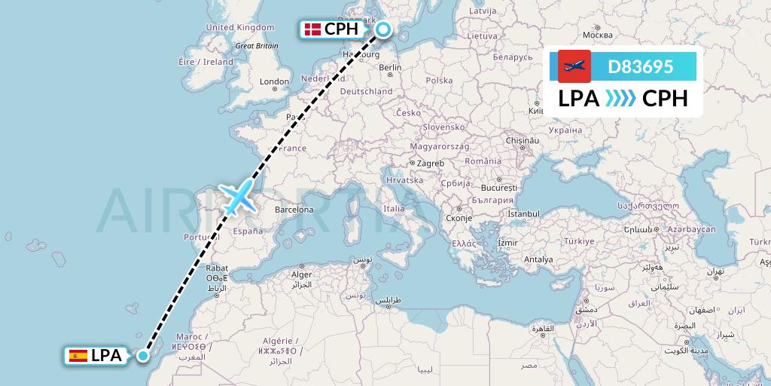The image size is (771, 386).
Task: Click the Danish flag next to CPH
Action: click(x=312, y=29)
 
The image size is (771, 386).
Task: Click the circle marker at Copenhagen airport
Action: click(x=383, y=29)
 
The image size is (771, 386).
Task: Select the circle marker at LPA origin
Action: click(x=143, y=356)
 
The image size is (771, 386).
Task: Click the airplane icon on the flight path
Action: click(x=237, y=197)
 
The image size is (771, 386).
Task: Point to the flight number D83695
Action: click(x=640, y=66)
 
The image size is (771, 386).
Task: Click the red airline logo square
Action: click(x=574, y=66)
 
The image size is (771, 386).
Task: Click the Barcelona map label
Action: click(x=294, y=210)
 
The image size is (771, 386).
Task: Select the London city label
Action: click(x=274, y=82)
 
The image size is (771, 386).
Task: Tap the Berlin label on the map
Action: click(x=391, y=68)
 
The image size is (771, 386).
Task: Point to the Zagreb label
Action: click(x=431, y=163)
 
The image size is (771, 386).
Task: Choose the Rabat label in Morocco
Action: click(x=217, y=268)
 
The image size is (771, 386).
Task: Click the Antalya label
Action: click(x=539, y=259)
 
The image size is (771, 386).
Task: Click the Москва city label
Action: click(x=599, y=35)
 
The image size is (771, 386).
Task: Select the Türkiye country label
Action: click(x=580, y=240)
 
